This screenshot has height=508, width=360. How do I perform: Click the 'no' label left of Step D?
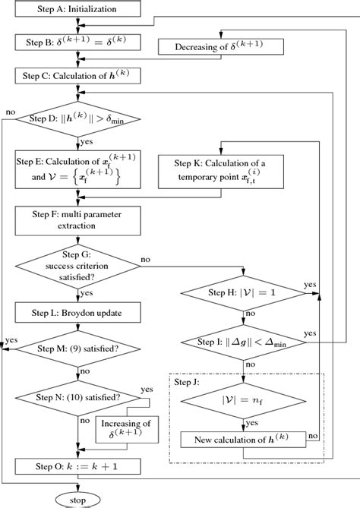pyautogui.click(x=10, y=112)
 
